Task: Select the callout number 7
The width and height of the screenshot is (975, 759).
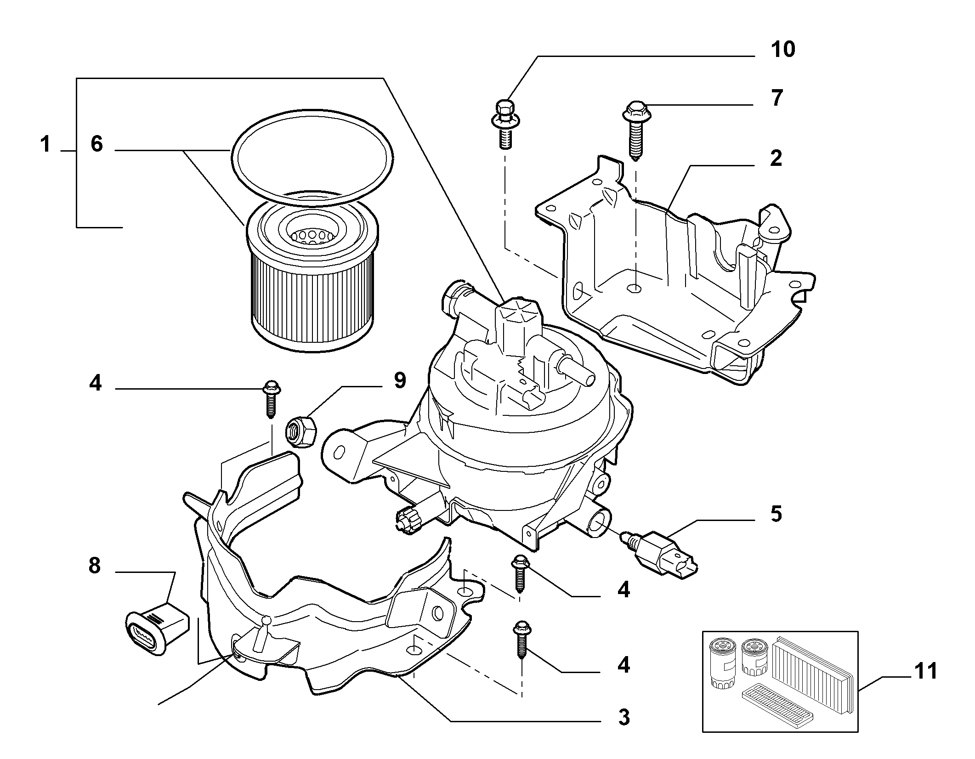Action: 777,98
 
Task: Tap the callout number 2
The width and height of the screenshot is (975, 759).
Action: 776,159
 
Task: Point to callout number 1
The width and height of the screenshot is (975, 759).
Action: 45,144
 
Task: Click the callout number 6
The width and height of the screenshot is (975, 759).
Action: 96,144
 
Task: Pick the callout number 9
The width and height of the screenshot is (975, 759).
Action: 400,380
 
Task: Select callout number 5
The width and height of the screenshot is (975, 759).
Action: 776,514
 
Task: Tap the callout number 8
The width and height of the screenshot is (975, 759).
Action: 94,566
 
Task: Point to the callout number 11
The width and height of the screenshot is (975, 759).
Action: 924,671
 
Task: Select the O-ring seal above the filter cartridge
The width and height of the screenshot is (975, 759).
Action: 312,157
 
